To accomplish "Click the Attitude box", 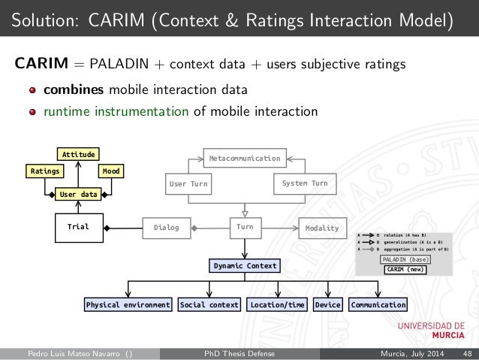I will (x=79, y=154).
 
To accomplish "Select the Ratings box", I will (x=45, y=171).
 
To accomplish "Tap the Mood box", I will (x=113, y=171).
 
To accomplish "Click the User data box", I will (x=79, y=194).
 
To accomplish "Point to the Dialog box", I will (x=166, y=228).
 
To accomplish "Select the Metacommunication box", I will (x=244, y=159).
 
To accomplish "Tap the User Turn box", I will (x=188, y=183).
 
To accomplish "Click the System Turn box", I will (x=304, y=183).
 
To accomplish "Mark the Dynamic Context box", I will (x=245, y=266).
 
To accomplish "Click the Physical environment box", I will (x=128, y=305).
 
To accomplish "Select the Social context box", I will (x=209, y=305).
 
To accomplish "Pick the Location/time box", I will (x=277, y=305).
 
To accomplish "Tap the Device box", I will (x=327, y=305).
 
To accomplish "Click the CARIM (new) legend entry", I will (x=405, y=269).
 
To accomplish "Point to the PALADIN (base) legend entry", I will (x=405, y=259).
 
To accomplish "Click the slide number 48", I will (x=467, y=353).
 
